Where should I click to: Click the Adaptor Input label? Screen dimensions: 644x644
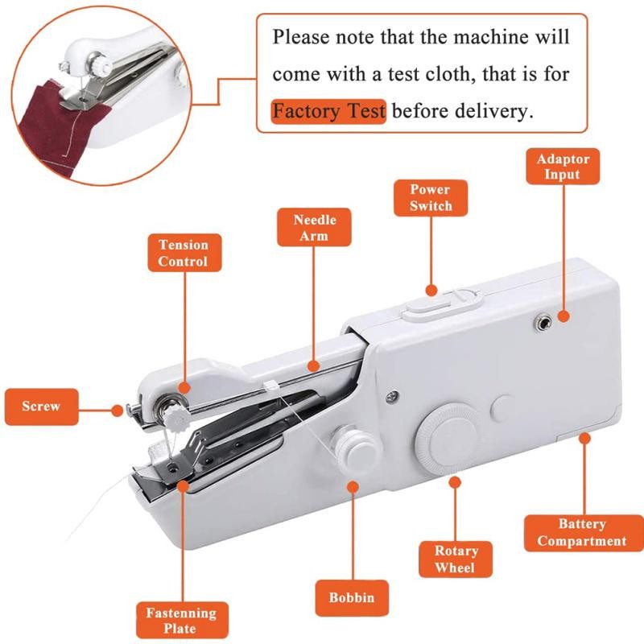(x=563, y=167)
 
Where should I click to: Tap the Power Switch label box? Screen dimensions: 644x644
(x=431, y=197)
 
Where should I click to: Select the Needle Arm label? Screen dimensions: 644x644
(x=314, y=227)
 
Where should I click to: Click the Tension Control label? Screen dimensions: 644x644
(x=184, y=253)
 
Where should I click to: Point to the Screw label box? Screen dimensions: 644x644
(x=42, y=407)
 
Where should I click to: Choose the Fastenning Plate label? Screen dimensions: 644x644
(x=182, y=620)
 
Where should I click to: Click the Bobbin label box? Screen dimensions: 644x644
(x=352, y=597)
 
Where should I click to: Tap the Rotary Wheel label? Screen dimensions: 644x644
(x=456, y=559)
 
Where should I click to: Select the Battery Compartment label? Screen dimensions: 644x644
(x=583, y=533)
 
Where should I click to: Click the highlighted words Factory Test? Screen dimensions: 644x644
(x=328, y=111)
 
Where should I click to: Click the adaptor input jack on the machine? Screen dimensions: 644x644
(x=543, y=323)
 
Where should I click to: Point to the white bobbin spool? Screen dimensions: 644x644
(x=356, y=447)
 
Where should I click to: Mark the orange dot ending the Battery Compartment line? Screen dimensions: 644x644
(x=584, y=438)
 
